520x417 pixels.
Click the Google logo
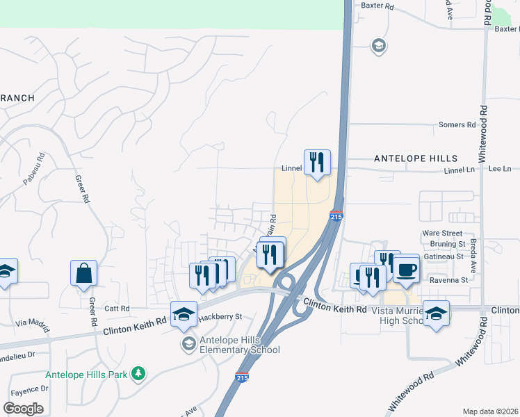[x=23, y=409]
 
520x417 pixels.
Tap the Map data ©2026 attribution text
[x=491, y=411]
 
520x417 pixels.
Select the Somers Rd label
[x=457, y=125]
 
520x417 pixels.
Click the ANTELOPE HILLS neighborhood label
[x=416, y=158]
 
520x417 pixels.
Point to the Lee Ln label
[x=500, y=169]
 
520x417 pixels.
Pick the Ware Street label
[x=442, y=234]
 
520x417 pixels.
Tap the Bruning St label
[x=447, y=245]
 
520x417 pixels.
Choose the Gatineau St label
[x=445, y=256]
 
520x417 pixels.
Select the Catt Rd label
[x=116, y=308]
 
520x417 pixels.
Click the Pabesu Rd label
[x=34, y=169]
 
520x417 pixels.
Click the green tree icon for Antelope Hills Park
[x=139, y=375]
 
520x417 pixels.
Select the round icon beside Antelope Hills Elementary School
[x=188, y=344]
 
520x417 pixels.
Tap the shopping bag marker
[x=83, y=272]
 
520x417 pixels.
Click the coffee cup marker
[x=407, y=269]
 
